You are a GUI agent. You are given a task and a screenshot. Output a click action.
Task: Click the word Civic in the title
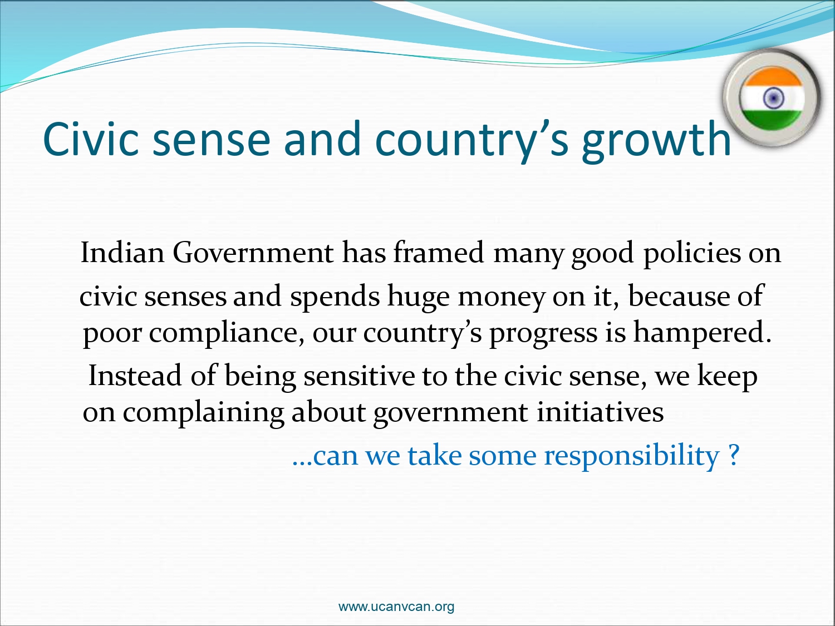point(91,139)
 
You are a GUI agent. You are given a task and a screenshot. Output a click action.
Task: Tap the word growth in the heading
point(656,141)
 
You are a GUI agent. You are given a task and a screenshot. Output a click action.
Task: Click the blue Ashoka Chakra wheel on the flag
point(773,98)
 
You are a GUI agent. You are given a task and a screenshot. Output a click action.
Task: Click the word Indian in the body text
point(122,253)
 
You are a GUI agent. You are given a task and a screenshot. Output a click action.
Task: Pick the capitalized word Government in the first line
point(253,253)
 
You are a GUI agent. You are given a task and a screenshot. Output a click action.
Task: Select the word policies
point(692,254)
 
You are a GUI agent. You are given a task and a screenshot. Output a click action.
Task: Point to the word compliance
point(227,333)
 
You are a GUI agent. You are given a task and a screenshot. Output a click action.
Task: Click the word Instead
point(135,376)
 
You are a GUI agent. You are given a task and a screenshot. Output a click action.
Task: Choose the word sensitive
point(359,376)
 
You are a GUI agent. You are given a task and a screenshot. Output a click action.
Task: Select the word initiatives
point(600,412)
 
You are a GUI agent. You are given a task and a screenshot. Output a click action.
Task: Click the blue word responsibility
point(632,456)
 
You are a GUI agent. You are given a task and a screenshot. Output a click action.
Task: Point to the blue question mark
point(734,455)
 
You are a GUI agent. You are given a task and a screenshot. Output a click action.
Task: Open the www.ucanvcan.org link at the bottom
point(396,607)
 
